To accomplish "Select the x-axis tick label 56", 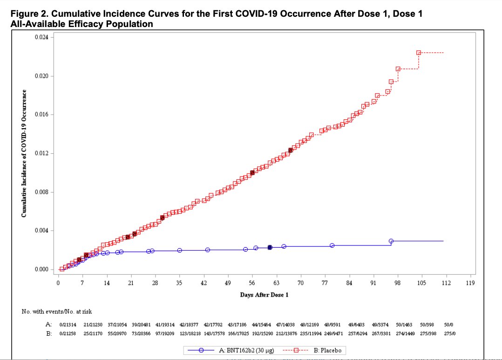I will tap(252, 283).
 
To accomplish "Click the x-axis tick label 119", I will tap(470, 283).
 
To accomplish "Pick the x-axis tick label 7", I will tap(82, 283).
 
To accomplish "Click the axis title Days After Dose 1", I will tap(264, 295).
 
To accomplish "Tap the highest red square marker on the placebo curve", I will tap(419, 53).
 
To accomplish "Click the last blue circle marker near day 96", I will tap(391, 241).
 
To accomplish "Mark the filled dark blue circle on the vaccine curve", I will tap(270, 247).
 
